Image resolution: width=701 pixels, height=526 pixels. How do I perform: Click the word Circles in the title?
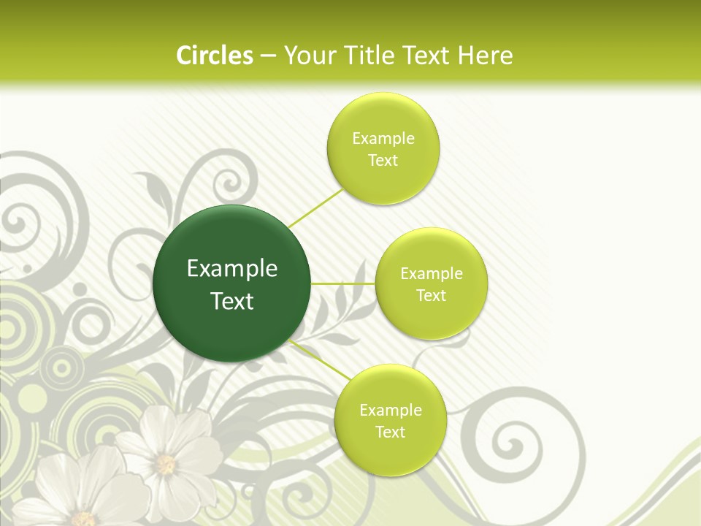coord(214,56)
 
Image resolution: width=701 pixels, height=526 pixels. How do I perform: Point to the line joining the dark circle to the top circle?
coord(316,208)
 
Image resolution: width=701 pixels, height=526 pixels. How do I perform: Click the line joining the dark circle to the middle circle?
coord(342,283)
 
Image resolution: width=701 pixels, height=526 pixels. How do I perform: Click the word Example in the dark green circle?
coord(232,269)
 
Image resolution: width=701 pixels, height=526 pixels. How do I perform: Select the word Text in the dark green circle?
coord(232,301)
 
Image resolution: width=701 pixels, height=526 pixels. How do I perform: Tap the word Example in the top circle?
coord(383,139)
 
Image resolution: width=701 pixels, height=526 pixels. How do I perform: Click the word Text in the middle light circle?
coord(431,295)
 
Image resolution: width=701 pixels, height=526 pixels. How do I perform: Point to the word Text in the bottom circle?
coord(390,432)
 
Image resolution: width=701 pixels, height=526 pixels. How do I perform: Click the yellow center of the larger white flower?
coord(166,463)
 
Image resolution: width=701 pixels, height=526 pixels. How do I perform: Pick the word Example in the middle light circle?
coord(432,274)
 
